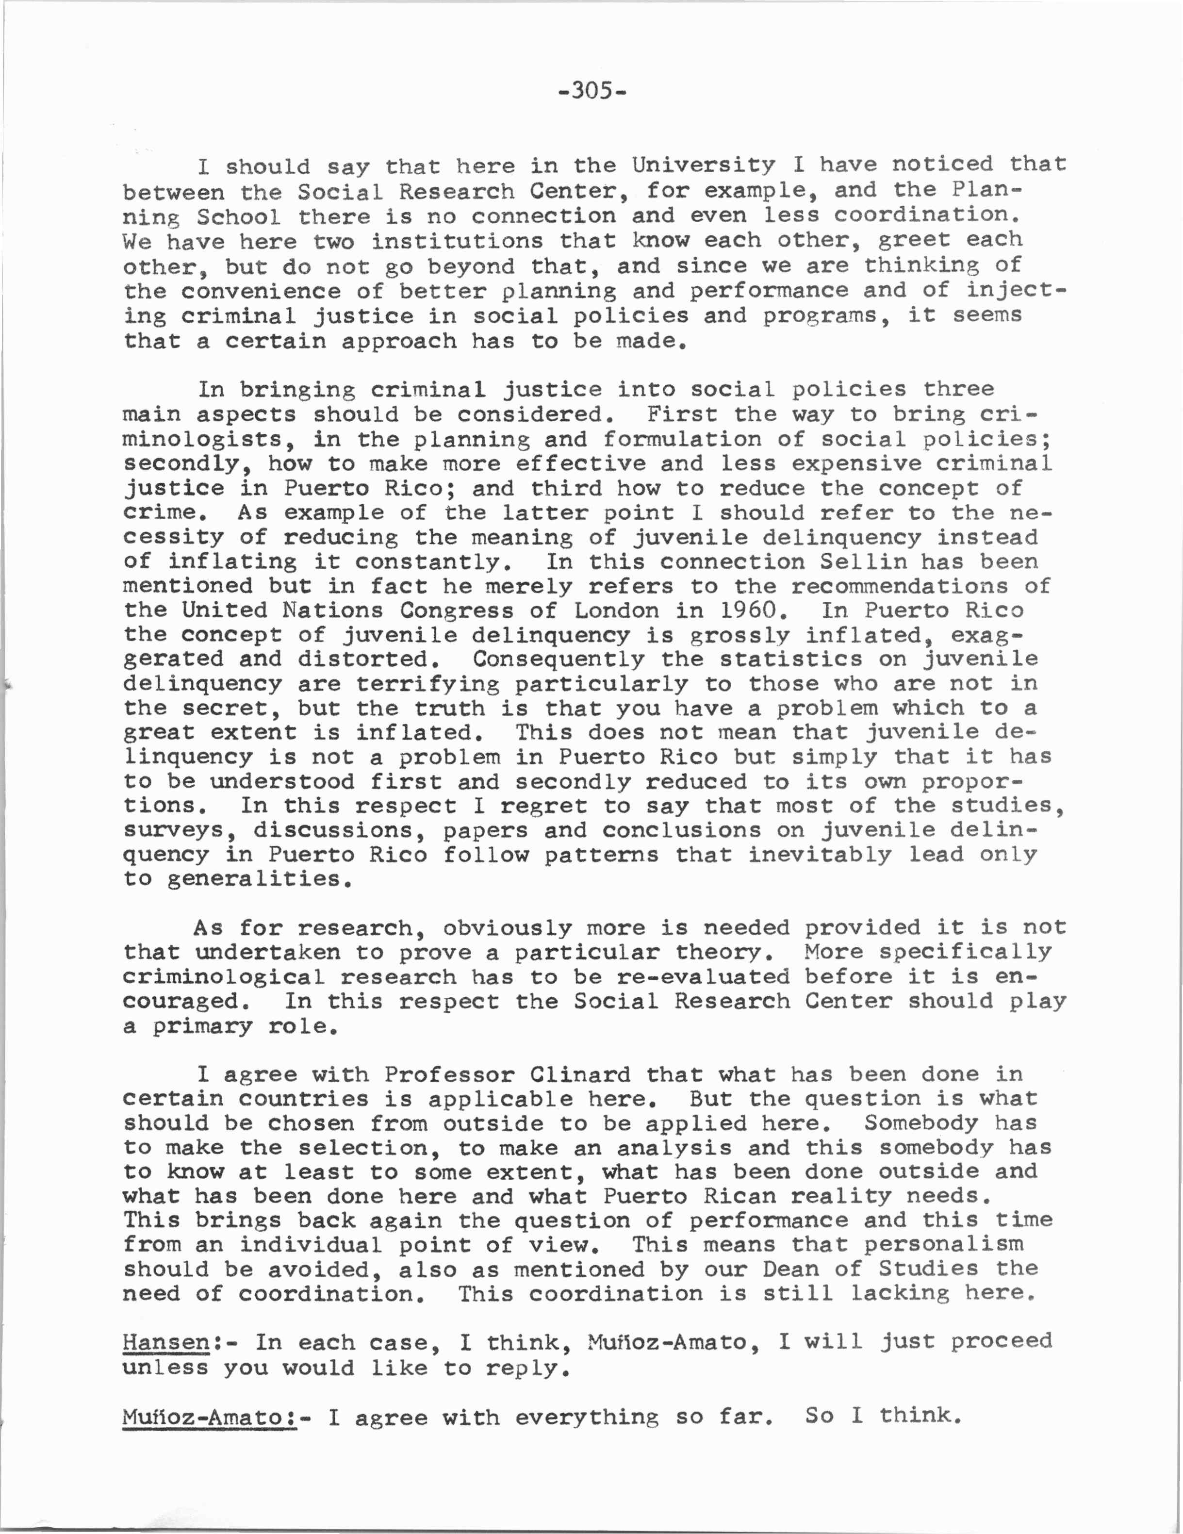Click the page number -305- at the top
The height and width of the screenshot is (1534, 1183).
tap(591, 91)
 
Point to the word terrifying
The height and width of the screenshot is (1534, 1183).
tap(428, 684)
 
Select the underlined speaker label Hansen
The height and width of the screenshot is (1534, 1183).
tap(166, 1343)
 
